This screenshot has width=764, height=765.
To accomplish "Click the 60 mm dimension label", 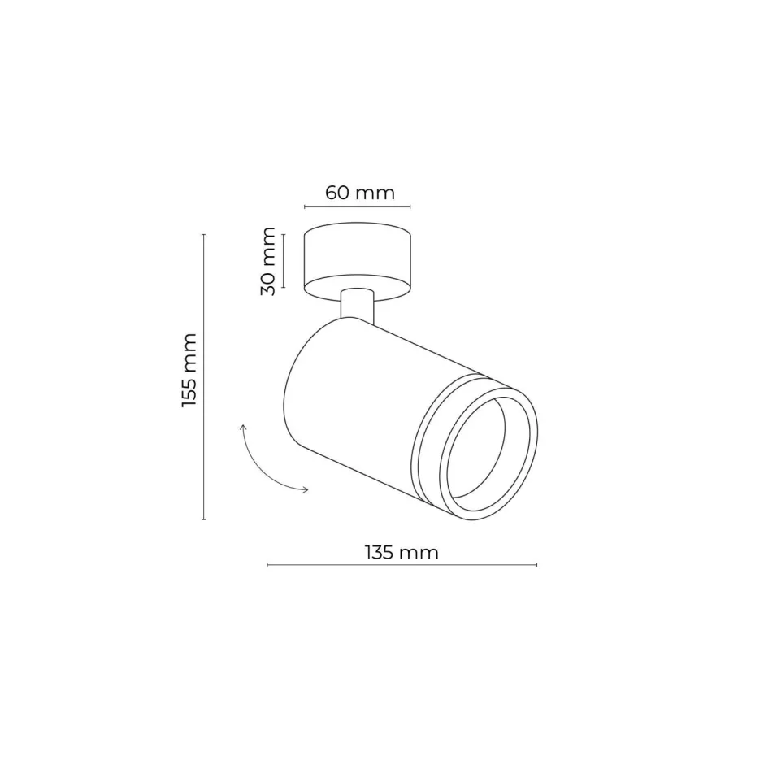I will pos(359,193).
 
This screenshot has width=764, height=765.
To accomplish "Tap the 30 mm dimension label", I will pos(269,261).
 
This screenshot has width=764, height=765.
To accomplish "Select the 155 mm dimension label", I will pos(189,370).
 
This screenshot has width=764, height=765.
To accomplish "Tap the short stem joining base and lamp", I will pos(357,306).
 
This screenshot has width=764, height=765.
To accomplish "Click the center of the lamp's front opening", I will pos(486,450).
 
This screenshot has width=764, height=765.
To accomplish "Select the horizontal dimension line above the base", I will pos(357,207).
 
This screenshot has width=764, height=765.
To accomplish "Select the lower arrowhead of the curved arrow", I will pos(304,489).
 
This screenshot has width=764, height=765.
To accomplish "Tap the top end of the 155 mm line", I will pos(203,234).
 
